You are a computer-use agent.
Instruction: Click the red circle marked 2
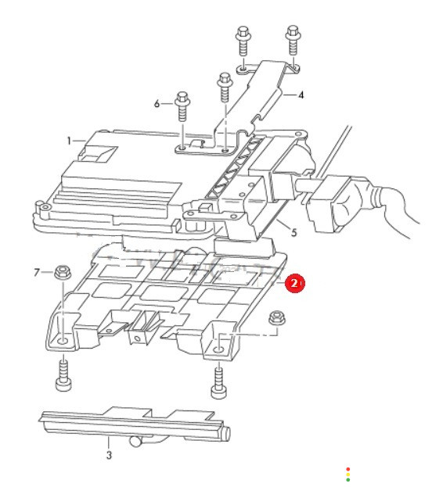pos(294,283)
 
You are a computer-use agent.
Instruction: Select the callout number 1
pos(69,141)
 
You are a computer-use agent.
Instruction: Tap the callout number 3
pos(109,455)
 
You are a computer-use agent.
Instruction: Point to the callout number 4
pos(301,95)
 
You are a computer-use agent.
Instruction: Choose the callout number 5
pos(294,232)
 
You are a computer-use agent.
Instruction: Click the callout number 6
pos(157,103)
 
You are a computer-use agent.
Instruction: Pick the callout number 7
pos(37,273)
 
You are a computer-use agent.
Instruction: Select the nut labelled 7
pos(63,273)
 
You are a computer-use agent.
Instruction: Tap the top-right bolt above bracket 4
pos(293,41)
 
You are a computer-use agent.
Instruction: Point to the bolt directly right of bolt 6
pos(225,88)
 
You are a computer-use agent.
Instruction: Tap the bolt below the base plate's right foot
pos(219,382)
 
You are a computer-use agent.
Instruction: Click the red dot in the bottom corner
pos(347,469)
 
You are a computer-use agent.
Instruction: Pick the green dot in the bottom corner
pos(347,480)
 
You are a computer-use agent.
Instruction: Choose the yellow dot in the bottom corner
pos(347,474)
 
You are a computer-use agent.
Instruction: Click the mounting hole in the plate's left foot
pos(62,342)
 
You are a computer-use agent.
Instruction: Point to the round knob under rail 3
pos(135,441)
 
